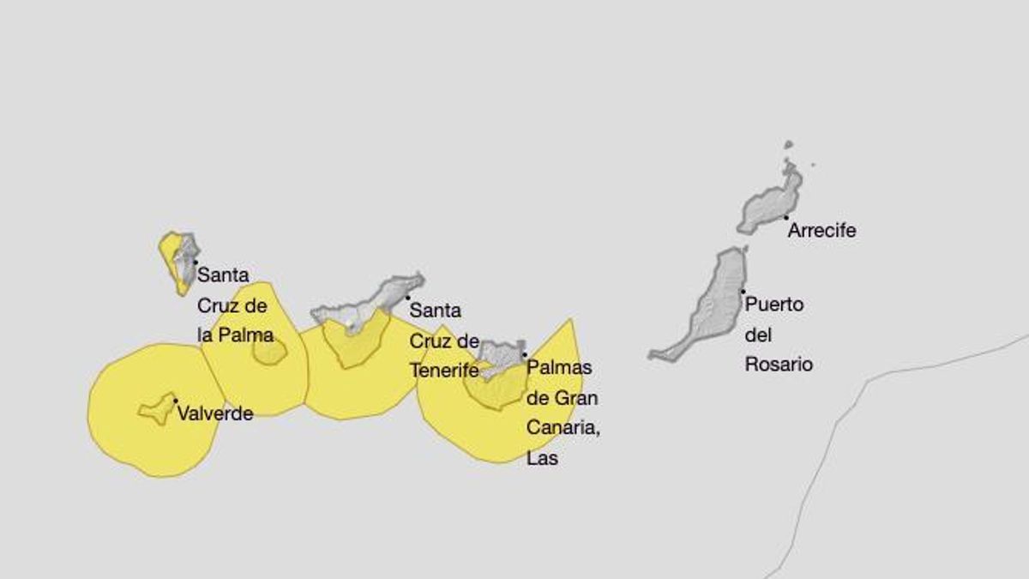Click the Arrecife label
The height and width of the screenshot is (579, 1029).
point(821,231)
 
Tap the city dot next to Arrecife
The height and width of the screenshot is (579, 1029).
point(785,218)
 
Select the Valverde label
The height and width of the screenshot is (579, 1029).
point(215,413)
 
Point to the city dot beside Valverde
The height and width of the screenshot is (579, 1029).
point(176,401)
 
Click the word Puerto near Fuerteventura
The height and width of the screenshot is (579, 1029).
point(774,304)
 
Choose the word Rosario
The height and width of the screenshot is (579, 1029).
point(779,364)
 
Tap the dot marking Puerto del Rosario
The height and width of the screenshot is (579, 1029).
point(743,292)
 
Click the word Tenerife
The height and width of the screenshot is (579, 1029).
point(443,371)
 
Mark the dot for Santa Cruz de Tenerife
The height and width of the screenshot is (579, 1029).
point(407,298)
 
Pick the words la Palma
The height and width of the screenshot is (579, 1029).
point(236,335)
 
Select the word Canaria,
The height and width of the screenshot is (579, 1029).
point(563,428)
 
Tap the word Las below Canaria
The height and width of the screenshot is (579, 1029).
point(543,458)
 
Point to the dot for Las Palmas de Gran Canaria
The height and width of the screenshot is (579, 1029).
point(524,354)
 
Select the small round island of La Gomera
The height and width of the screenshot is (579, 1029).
point(268,351)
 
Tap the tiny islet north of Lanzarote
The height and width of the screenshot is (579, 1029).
point(788,145)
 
